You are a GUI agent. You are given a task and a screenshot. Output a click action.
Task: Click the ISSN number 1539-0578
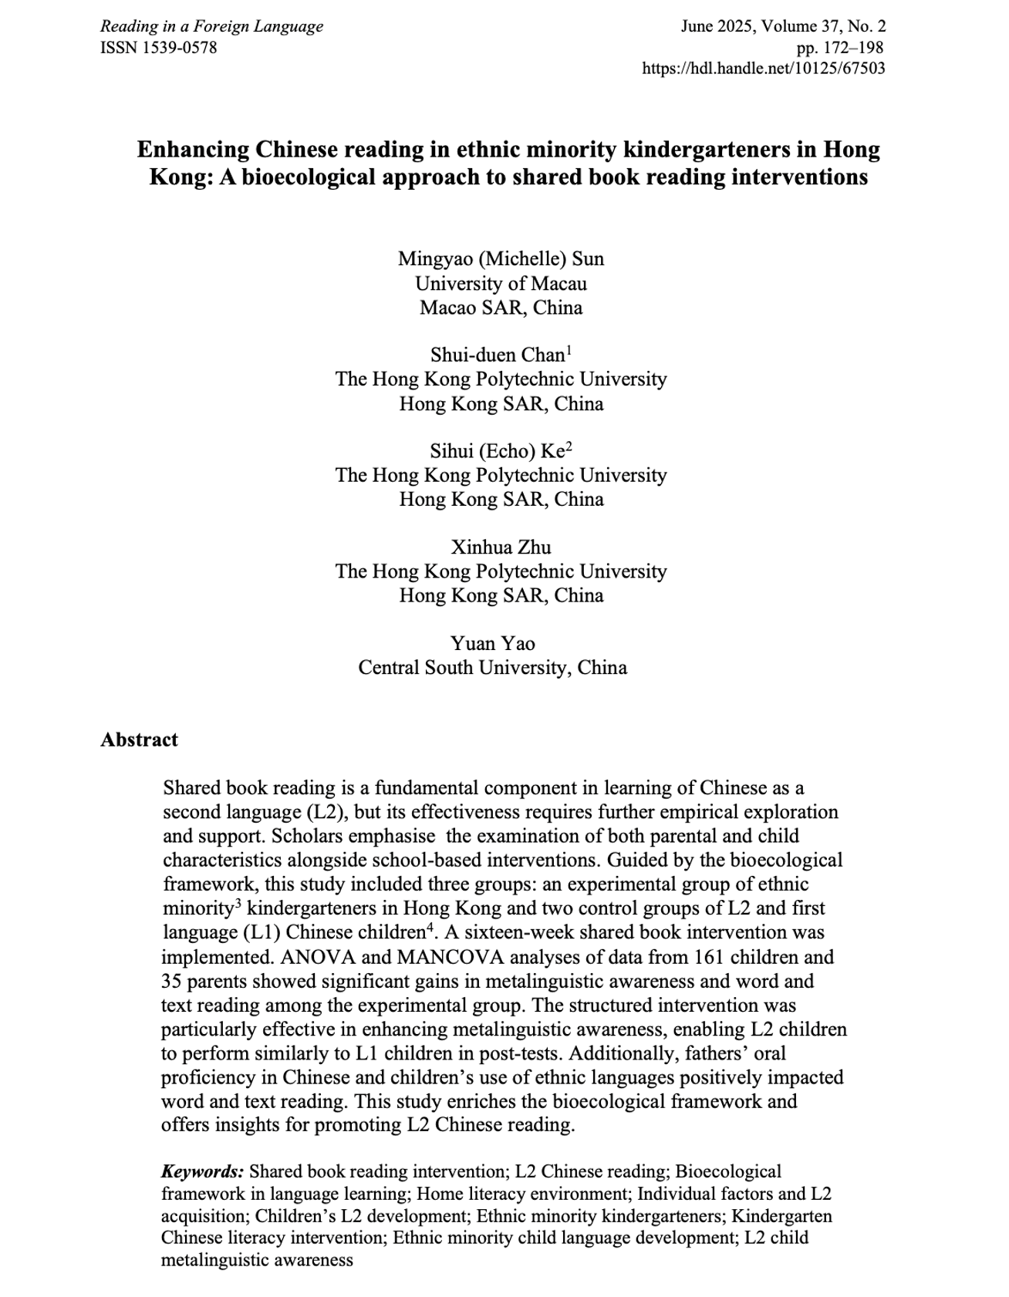[180, 48]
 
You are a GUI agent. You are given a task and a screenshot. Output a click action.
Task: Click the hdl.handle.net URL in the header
[763, 69]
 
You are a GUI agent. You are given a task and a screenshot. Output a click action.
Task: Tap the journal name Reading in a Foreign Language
[211, 27]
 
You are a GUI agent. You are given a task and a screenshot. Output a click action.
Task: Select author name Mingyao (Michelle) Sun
[501, 258]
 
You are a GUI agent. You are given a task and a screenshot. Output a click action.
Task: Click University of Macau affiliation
[501, 283]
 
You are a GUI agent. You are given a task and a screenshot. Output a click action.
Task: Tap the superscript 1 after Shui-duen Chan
[569, 350]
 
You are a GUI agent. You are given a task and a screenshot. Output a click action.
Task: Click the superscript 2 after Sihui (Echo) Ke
[569, 446]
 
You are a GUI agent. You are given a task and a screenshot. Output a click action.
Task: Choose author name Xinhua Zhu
[501, 547]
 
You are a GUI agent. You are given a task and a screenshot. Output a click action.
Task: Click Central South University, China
[492, 667]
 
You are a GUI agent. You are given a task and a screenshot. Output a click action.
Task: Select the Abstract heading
[139, 739]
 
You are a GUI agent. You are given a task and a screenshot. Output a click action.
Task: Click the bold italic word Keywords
[203, 1171]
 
